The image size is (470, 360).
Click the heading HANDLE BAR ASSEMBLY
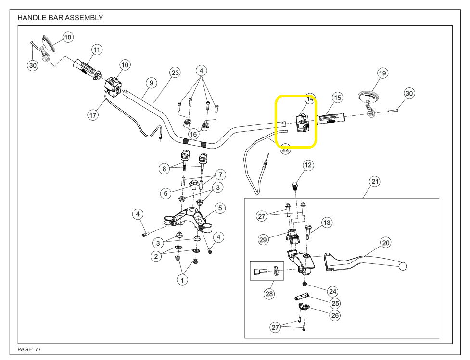point(60,18)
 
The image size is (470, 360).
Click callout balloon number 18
point(68,37)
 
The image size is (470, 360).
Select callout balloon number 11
point(97,50)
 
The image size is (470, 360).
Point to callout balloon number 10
point(125,64)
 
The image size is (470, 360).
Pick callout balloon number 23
point(175,73)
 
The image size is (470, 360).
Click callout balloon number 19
point(382,73)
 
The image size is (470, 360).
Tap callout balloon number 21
point(375,181)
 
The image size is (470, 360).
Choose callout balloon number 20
point(385,243)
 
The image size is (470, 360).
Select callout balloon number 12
point(308,165)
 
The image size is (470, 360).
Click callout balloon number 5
point(219,208)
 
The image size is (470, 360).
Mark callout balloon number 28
point(268,293)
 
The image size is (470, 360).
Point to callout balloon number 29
point(263,239)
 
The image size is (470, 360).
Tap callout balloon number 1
point(182,280)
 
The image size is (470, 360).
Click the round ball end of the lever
point(403,266)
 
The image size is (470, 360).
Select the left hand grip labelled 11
point(87,68)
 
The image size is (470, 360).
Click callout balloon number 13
point(327,223)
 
